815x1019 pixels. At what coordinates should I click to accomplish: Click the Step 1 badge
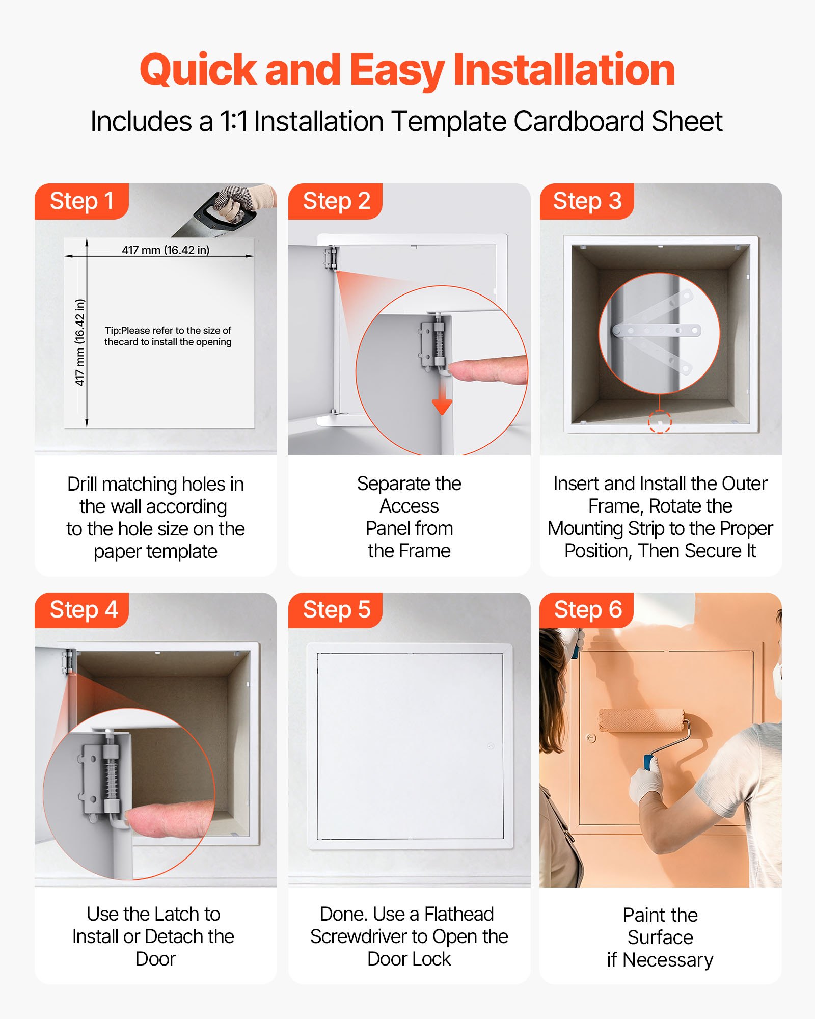point(81,201)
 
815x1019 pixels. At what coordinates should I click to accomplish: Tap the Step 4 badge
point(81,610)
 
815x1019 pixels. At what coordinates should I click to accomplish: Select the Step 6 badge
point(587,610)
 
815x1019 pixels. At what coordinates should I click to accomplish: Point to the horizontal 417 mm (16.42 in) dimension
point(166,250)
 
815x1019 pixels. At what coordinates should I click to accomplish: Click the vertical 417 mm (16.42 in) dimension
point(79,342)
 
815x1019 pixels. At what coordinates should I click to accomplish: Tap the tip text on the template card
point(168,336)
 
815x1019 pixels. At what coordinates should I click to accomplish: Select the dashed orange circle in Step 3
point(660,422)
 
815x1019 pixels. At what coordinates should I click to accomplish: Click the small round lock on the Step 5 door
point(491,746)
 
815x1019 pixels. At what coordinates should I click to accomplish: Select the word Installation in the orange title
point(564,70)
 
